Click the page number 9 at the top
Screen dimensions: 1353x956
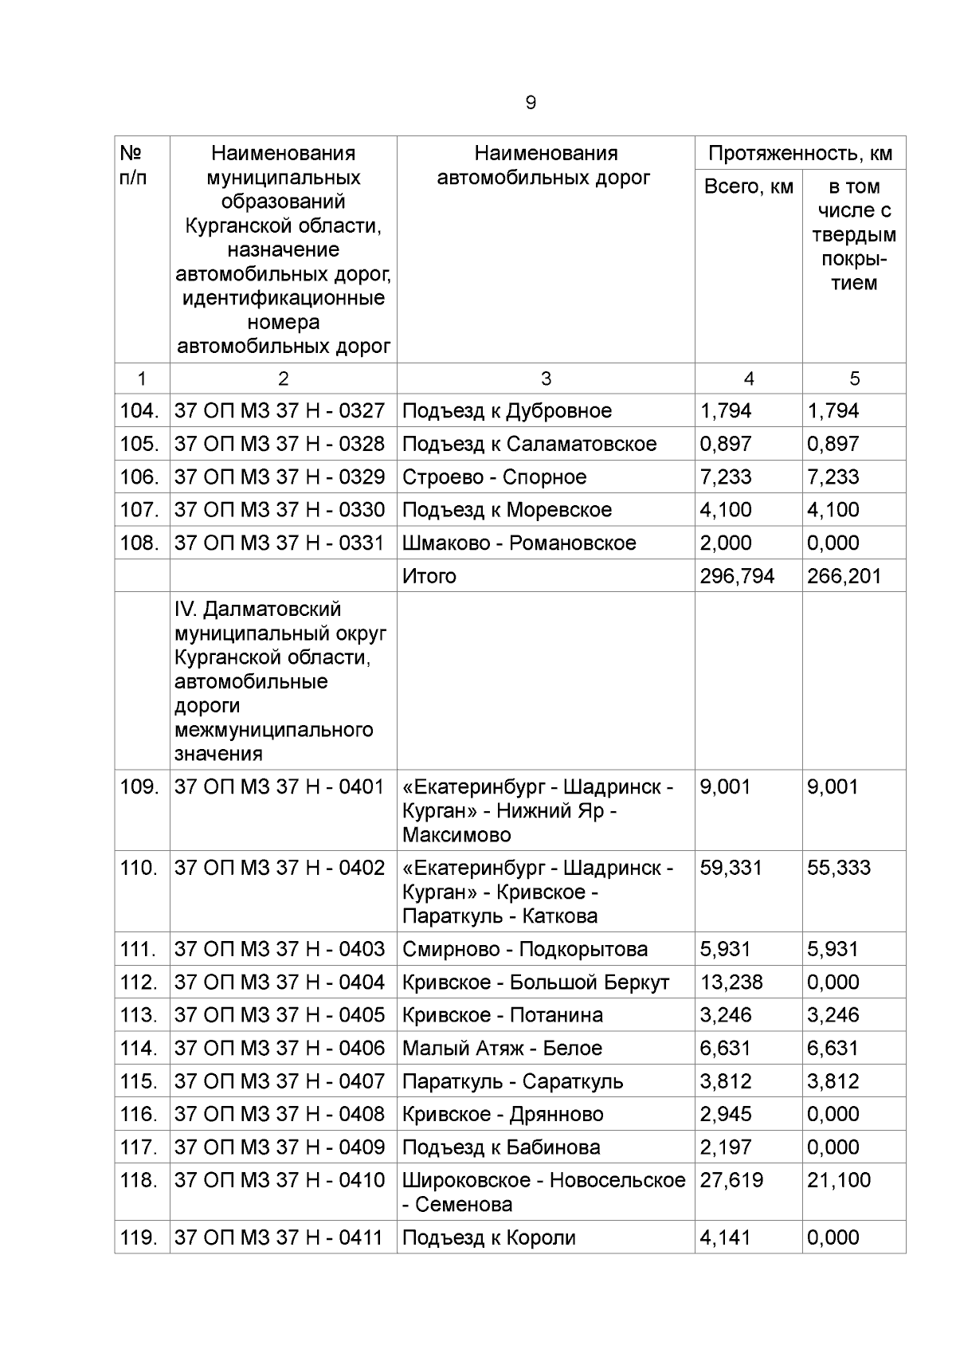click(x=531, y=103)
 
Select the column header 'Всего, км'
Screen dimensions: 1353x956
click(x=748, y=187)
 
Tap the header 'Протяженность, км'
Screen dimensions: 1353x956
click(x=800, y=154)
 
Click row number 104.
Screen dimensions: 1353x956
click(x=139, y=411)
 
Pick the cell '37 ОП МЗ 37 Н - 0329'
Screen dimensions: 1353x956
click(x=280, y=477)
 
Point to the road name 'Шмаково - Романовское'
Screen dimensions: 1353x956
click(x=519, y=543)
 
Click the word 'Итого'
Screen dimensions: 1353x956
click(x=429, y=576)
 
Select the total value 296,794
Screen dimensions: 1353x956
click(x=737, y=576)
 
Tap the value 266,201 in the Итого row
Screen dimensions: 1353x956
click(x=844, y=576)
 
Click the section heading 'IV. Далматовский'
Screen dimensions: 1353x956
click(x=257, y=610)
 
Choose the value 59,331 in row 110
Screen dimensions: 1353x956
click(x=731, y=868)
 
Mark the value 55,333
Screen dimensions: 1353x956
click(x=839, y=868)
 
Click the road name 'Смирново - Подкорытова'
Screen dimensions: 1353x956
click(x=525, y=950)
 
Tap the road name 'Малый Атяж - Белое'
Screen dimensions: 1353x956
click(x=502, y=1049)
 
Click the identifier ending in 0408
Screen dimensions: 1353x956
click(x=280, y=1114)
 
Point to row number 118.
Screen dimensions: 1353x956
click(x=140, y=1180)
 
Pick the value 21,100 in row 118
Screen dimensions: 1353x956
click(x=839, y=1180)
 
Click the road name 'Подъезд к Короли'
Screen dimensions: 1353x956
click(x=488, y=1237)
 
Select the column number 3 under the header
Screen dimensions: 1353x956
click(x=546, y=379)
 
